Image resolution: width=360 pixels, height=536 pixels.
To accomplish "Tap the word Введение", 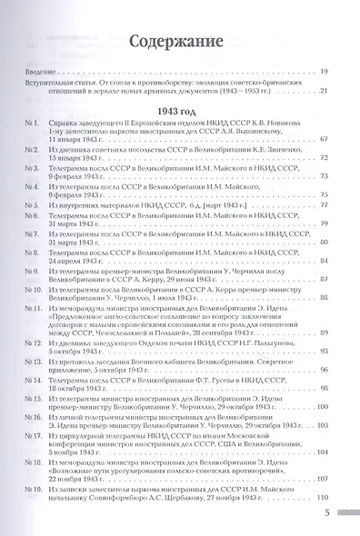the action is click(40, 71).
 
